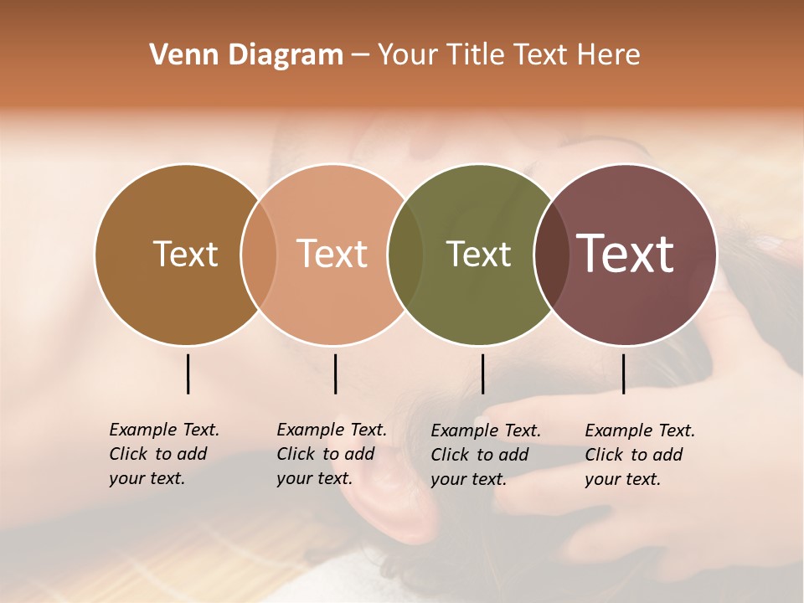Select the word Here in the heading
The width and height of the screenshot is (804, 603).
click(x=608, y=55)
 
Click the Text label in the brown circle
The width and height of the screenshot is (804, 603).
click(x=185, y=254)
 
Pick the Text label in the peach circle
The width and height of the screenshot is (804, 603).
click(x=332, y=254)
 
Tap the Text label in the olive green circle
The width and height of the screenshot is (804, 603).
click(x=479, y=254)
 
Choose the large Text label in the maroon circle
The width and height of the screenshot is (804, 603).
click(x=626, y=254)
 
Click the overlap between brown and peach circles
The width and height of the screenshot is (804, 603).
click(x=259, y=254)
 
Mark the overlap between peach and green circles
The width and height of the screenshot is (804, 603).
click(x=405, y=254)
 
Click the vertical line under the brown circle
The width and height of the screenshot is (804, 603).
click(x=188, y=374)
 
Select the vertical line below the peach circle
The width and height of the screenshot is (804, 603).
click(x=335, y=374)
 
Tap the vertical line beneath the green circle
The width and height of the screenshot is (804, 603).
click(x=482, y=374)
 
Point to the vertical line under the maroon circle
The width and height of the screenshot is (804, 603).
click(x=623, y=374)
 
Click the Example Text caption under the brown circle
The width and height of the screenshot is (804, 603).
click(x=164, y=454)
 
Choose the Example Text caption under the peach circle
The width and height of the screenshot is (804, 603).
click(x=332, y=454)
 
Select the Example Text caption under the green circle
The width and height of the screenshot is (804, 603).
click(x=486, y=455)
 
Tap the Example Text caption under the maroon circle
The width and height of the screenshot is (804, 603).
click(x=640, y=455)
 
